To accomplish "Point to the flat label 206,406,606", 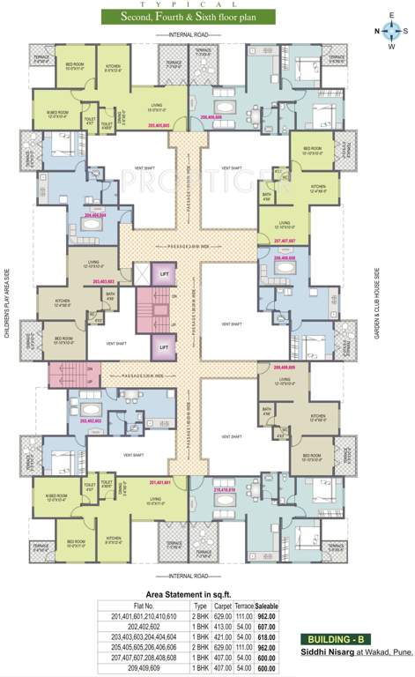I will pos(217,116).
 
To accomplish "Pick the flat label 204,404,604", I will pos(95,215).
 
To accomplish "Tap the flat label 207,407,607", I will pos(290,240).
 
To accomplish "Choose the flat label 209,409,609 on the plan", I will pos(290,366).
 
